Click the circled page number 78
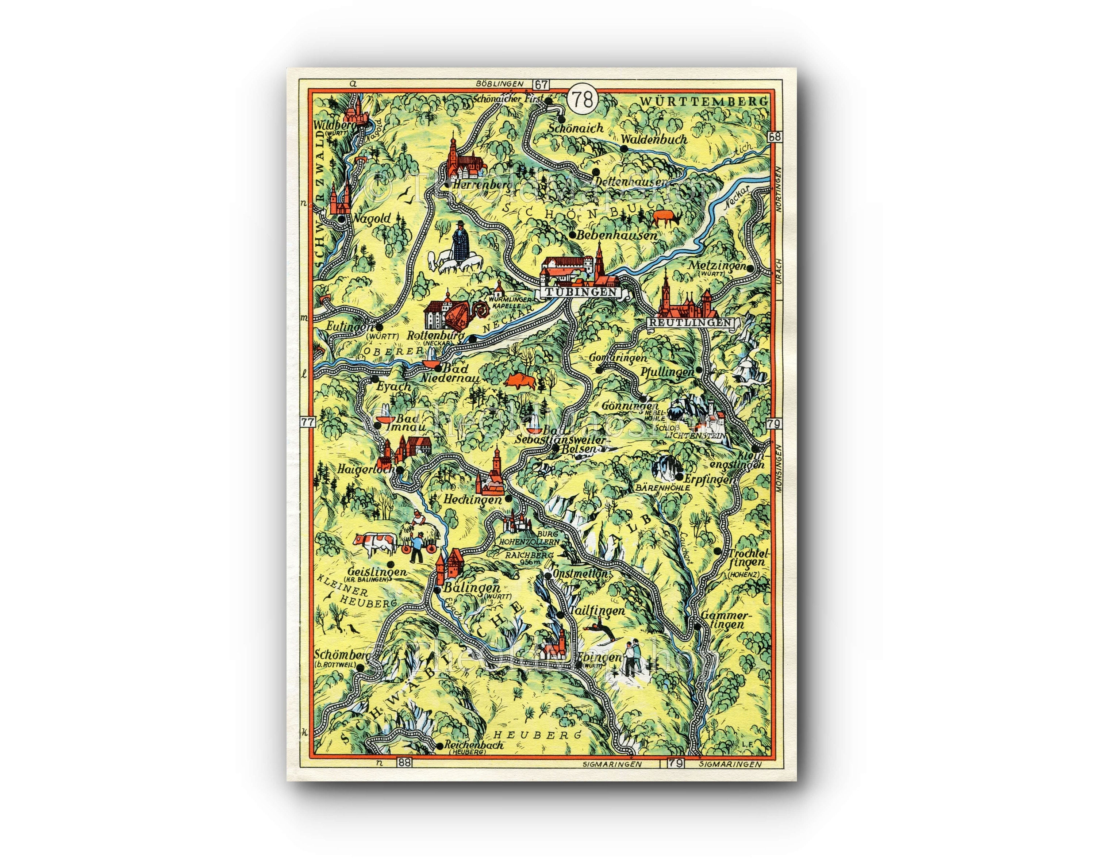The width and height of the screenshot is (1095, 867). (x=584, y=100)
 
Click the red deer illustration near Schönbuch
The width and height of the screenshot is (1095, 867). (x=666, y=218)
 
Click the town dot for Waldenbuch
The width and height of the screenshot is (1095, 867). (x=624, y=148)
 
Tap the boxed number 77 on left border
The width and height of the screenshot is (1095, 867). (x=307, y=422)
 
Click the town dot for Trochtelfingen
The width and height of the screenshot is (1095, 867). (x=717, y=551)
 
